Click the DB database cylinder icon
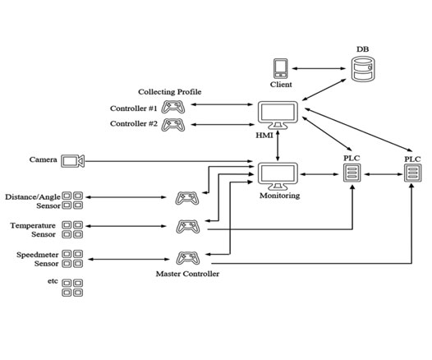pyautogui.click(x=363, y=69)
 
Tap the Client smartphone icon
pyautogui.click(x=281, y=68)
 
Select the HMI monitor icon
pyautogui.click(x=278, y=115)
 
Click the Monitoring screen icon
pyautogui.click(x=278, y=177)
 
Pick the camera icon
pyautogui.click(x=73, y=161)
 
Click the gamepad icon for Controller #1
pyautogui.click(x=172, y=107)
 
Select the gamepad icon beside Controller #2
pyautogui.click(x=172, y=125)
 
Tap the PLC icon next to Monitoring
pyautogui.click(x=352, y=173)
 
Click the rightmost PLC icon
pyautogui.click(x=413, y=173)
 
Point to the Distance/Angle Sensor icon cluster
pyautogui.click(x=72, y=201)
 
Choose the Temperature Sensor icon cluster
pyautogui.click(x=72, y=229)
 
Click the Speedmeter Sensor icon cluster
pyautogui.click(x=72, y=259)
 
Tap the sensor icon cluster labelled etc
pyautogui.click(x=72, y=288)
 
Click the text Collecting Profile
pyautogui.click(x=170, y=92)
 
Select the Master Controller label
pyautogui.click(x=187, y=274)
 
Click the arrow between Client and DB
pyautogui.click(x=319, y=68)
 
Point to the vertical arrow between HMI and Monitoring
pyautogui.click(x=278, y=145)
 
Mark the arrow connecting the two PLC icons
pyautogui.click(x=384, y=174)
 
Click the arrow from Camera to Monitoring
pyautogui.click(x=169, y=161)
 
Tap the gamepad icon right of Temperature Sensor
pyautogui.click(x=188, y=227)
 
